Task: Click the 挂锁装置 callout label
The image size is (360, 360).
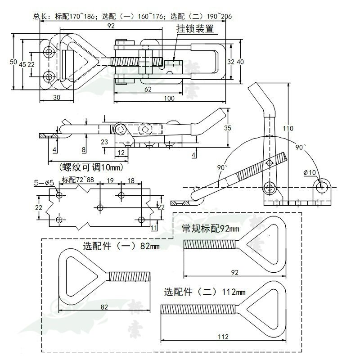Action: coord(194,29)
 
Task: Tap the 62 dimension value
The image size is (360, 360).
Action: coord(148,89)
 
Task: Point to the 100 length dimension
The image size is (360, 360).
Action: coord(169,98)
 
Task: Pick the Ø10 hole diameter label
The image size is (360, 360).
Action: coord(310,172)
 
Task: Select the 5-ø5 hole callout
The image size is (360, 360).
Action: coord(45,183)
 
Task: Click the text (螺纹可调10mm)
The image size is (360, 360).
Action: coord(90,167)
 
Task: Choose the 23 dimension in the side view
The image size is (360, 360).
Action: coord(104,141)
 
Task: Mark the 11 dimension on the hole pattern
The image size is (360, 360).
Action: coord(154,228)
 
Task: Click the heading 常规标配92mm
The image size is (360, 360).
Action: coord(210,229)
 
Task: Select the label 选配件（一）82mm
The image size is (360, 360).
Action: coord(121,246)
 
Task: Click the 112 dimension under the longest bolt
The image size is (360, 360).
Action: coord(223,337)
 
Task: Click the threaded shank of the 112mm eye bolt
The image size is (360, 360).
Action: coord(198,310)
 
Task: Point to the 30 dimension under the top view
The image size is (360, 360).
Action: coord(57,97)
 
